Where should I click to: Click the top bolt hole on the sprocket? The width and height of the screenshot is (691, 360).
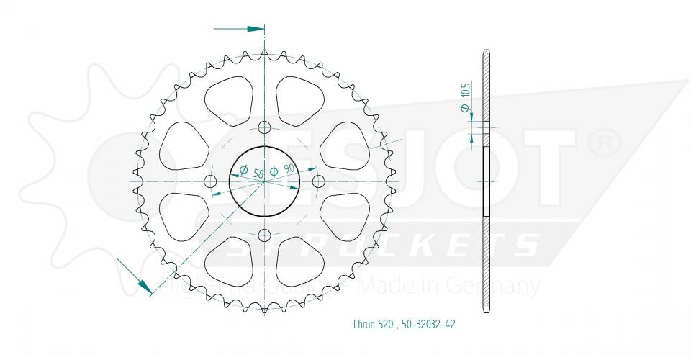pos(264,128)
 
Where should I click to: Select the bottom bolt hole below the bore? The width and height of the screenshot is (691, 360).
pos(264,235)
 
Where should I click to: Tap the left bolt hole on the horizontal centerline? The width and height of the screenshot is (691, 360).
pos(211,180)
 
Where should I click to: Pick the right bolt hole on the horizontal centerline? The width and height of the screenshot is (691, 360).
pos(318,179)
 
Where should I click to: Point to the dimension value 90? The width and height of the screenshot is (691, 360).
pos(289,169)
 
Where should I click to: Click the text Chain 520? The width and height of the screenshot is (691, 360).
pos(373,323)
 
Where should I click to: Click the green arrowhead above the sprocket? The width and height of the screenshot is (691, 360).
pos(256,29)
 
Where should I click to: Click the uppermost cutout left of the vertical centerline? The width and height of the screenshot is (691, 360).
pos(229,98)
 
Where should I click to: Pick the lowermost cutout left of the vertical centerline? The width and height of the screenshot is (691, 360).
pos(229,263)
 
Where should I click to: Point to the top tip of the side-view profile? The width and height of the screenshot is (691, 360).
pos(487,51)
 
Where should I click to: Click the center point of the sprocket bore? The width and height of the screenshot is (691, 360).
pos(264,181)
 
